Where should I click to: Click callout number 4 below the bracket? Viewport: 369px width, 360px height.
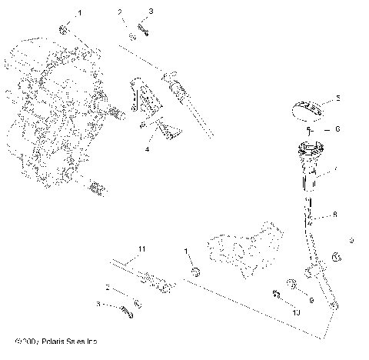tap(146, 149)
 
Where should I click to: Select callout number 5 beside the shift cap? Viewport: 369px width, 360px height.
tap(337, 99)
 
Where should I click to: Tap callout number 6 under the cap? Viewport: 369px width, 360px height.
tap(336, 129)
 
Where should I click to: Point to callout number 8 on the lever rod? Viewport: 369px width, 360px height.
tap(334, 216)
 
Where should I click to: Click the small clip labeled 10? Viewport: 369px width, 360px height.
tap(275, 293)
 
